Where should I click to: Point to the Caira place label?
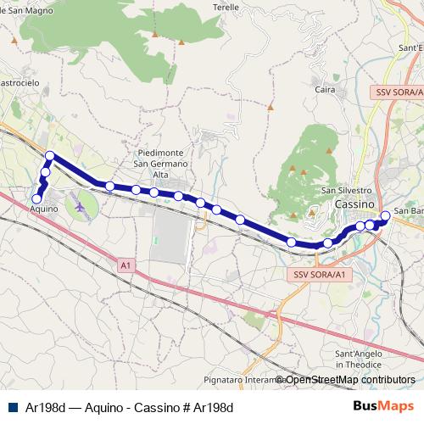click(x=325, y=88)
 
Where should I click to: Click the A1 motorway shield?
click(x=126, y=266)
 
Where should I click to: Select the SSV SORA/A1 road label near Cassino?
click(x=318, y=275)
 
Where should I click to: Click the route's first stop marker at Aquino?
click(x=36, y=198)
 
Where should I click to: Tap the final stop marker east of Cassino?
click(x=385, y=215)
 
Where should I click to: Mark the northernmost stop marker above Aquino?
click(x=50, y=155)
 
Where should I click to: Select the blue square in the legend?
click(x=12, y=406)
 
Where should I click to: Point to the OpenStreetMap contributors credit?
click(x=349, y=380)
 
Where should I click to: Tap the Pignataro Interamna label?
click(x=240, y=379)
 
